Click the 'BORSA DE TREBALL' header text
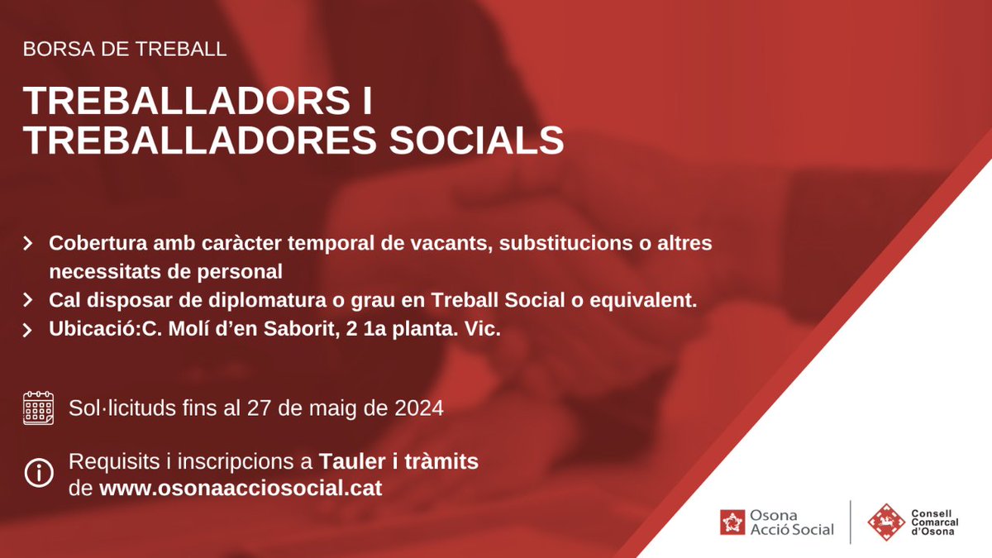125,49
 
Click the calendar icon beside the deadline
38,408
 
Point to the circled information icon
38,475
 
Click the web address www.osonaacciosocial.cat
241,488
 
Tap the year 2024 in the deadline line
420,408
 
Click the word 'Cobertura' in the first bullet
98,245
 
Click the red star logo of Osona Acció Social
731,522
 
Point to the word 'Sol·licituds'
122,408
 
